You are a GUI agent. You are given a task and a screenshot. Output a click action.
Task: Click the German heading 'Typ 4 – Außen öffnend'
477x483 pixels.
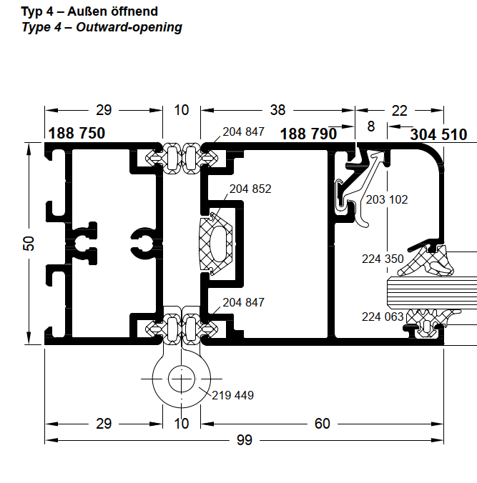[x=89, y=11]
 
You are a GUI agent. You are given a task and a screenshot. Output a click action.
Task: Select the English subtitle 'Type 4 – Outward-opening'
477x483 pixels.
[x=102, y=27]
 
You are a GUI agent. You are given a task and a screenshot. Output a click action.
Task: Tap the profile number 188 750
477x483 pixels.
[x=77, y=134]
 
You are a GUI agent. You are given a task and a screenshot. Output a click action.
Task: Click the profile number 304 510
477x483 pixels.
[x=438, y=134]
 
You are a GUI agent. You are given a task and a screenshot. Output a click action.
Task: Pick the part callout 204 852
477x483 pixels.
[x=250, y=189]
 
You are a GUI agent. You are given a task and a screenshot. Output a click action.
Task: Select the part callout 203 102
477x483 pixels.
[x=386, y=199]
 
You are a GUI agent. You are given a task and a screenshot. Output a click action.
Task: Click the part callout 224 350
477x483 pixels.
[x=383, y=259]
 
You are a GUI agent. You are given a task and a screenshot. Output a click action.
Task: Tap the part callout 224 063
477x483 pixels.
[x=383, y=317]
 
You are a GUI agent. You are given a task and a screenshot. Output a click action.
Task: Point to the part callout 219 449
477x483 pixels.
[x=232, y=395]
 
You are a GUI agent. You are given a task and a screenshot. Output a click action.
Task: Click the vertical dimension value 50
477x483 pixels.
[x=29, y=243]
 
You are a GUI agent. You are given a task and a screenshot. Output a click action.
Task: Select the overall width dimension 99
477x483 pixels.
[x=245, y=440]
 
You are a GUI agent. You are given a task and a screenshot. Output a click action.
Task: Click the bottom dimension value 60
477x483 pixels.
[x=323, y=424]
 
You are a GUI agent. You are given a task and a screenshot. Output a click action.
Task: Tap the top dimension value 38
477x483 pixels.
[x=277, y=110]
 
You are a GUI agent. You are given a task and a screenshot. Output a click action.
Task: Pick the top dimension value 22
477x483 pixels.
[x=400, y=110]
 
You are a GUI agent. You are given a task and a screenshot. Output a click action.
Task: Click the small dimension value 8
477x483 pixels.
[x=370, y=126]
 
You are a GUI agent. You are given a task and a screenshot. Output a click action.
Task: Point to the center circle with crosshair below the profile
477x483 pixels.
[x=182, y=377]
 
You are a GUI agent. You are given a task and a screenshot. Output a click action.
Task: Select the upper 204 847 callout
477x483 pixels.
[x=243, y=131]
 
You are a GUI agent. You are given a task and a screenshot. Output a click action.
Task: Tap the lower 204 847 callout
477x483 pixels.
[x=243, y=302]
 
